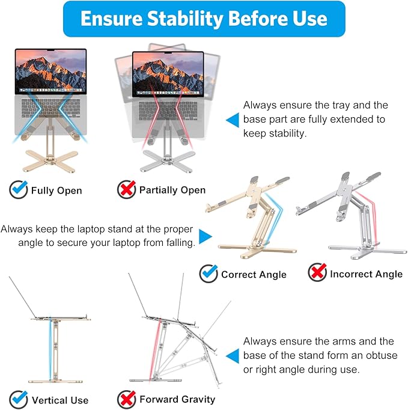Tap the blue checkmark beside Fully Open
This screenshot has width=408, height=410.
tap(19, 190)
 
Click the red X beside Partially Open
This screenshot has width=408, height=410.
tap(126, 189)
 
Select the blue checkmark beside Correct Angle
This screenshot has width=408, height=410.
tap(209, 274)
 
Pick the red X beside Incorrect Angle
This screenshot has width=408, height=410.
tap(317, 274)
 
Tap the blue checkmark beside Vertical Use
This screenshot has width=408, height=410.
tap(19, 399)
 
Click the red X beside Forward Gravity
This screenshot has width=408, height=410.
tap(126, 399)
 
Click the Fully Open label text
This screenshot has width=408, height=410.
tap(56, 191)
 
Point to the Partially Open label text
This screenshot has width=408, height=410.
tap(172, 190)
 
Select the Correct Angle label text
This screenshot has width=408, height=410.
tap(254, 274)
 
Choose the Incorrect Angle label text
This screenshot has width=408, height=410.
tap(366, 274)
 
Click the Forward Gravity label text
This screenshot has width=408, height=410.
tap(177, 399)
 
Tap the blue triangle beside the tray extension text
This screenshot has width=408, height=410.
tap(232, 120)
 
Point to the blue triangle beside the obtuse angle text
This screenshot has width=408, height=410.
tap(232, 355)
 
